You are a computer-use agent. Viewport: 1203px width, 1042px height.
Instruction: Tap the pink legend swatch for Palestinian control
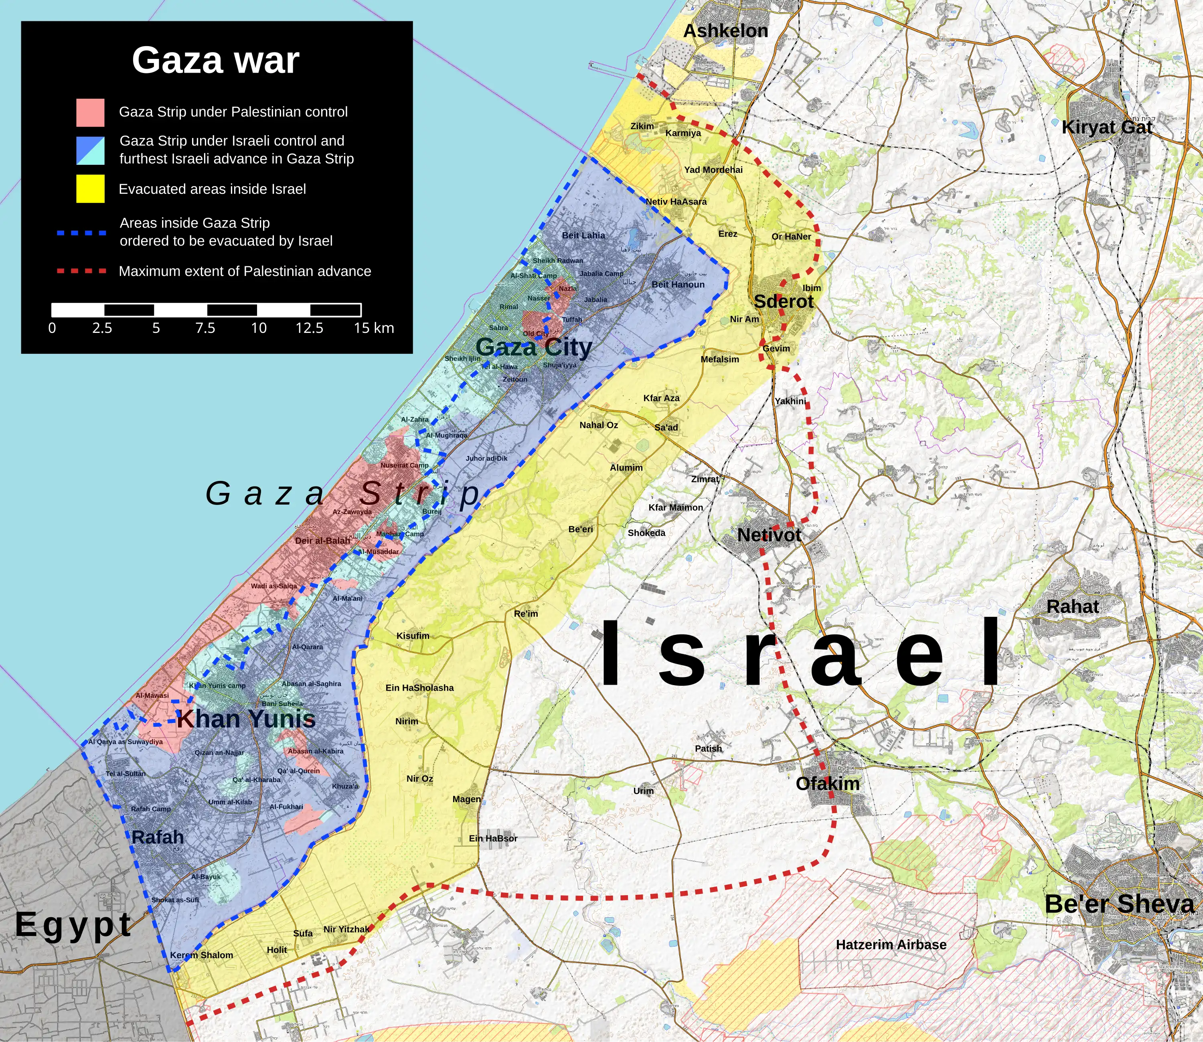pyautogui.click(x=90, y=112)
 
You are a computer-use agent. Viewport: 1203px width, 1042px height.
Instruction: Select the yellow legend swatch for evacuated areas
pyautogui.click(x=90, y=189)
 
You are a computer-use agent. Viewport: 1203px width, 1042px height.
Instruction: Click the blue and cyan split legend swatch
pyautogui.click(x=90, y=150)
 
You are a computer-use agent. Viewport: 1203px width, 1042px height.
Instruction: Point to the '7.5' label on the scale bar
pyautogui.click(x=205, y=328)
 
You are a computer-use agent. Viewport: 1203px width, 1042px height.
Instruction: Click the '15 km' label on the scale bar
pyautogui.click(x=373, y=328)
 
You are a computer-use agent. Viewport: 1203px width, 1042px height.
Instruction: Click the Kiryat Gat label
pyautogui.click(x=1106, y=128)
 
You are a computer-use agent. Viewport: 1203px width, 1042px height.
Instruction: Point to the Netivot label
pyautogui.click(x=769, y=535)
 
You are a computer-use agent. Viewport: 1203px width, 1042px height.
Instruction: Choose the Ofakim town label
pyautogui.click(x=827, y=784)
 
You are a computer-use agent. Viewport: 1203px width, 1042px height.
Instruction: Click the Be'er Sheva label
pyautogui.click(x=1119, y=904)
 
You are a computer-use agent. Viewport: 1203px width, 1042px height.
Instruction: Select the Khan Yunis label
pyautogui.click(x=246, y=719)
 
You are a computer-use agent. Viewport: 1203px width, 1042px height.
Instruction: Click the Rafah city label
pyautogui.click(x=158, y=837)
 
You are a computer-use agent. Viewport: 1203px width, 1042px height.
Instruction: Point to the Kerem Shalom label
pyautogui.click(x=201, y=955)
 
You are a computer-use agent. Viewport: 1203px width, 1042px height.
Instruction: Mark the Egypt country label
pyautogui.click(x=73, y=924)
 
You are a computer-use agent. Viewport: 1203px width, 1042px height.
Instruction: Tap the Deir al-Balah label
pyautogui.click(x=323, y=541)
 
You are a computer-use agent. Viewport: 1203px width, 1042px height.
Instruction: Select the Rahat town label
pyautogui.click(x=1072, y=606)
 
